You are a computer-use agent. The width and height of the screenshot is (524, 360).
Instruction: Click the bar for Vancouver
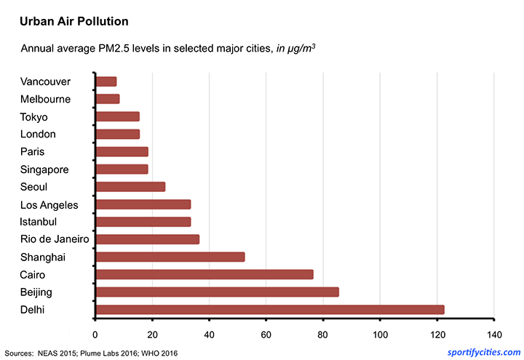click(x=106, y=81)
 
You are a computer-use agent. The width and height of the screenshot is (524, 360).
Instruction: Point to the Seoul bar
click(x=130, y=186)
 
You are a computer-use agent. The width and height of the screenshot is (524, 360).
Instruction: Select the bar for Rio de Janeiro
click(x=147, y=239)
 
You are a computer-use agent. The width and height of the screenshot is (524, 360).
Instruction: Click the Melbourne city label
click(x=46, y=99)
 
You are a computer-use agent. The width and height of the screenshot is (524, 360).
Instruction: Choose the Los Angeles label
click(x=49, y=204)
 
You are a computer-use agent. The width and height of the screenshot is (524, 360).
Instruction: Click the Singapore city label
click(x=45, y=169)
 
